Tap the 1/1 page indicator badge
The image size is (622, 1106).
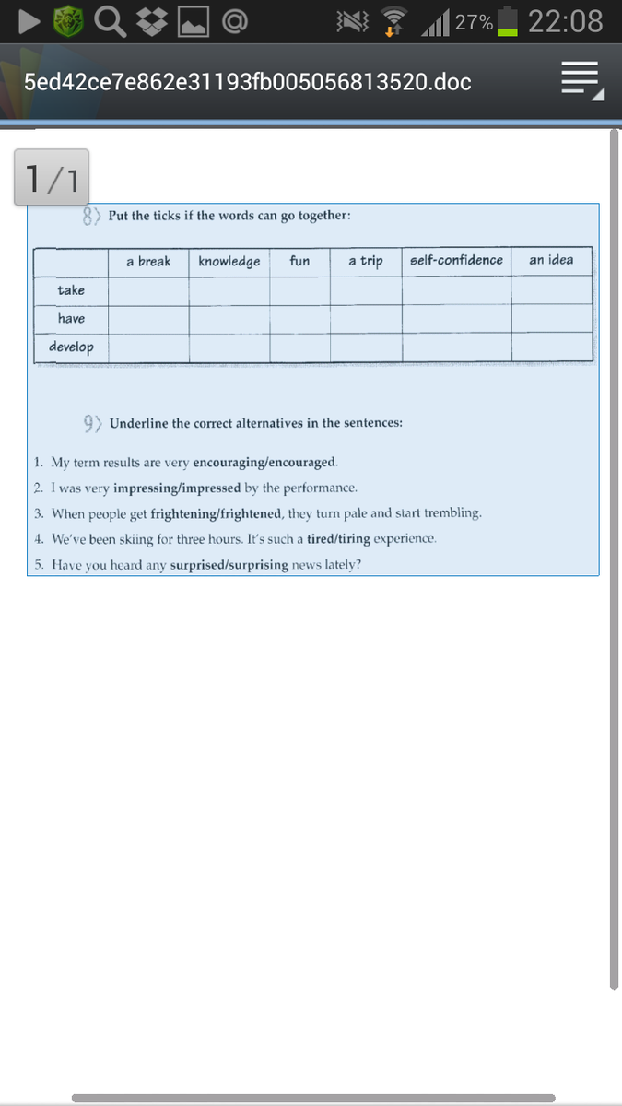coord(52,177)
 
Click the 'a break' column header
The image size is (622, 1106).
coord(148,262)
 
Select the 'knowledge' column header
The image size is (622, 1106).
coord(229,262)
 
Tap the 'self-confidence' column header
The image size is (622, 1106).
coord(456,261)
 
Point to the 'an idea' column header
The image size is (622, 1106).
coord(551,261)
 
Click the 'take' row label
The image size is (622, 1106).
coord(71,290)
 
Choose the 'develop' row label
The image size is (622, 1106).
coord(71,347)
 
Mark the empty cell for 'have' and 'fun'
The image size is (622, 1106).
coord(299,319)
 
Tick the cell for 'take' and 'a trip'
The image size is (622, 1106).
coord(366,290)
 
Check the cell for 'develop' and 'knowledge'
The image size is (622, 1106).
coord(229,347)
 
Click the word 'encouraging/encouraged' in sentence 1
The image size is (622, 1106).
coord(264,462)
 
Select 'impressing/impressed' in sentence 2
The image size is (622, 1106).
coord(177,488)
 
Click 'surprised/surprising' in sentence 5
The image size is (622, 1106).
coord(229,564)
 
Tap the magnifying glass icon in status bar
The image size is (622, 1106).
coord(110,21)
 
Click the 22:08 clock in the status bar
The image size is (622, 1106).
coord(565,21)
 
